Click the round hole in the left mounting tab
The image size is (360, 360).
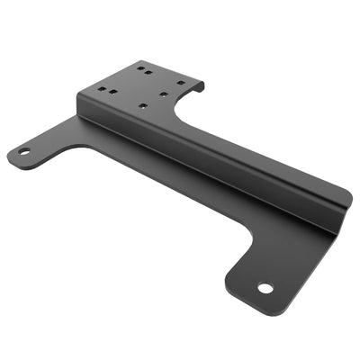tap(24, 151)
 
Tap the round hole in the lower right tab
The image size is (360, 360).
tap(265, 289)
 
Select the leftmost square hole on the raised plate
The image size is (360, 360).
tap(102, 89)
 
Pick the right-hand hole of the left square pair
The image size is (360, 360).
tap(113, 91)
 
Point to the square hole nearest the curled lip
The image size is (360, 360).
tap(180, 83)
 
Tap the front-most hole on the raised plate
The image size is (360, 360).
tap(144, 105)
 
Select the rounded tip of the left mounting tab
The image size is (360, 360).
tap(13, 155)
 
